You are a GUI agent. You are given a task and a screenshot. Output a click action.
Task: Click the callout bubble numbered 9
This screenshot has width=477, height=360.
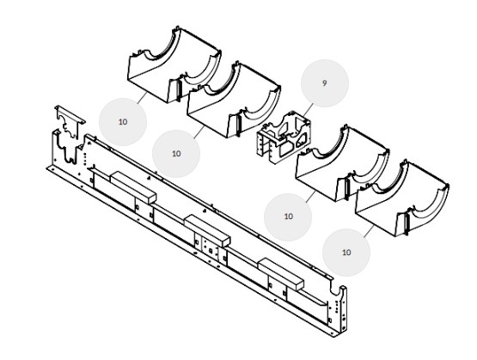(x=325, y=83)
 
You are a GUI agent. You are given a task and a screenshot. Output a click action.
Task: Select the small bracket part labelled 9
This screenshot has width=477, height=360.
(x=284, y=137)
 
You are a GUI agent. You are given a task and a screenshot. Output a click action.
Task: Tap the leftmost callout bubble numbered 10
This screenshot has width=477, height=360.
(x=123, y=122)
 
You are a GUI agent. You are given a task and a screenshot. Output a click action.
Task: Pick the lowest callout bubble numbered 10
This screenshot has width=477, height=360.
(x=346, y=253)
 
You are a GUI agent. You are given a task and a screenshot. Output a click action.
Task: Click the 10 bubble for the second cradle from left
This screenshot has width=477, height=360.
(x=176, y=154)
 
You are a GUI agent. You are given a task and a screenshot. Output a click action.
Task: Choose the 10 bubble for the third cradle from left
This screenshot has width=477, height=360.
(x=288, y=217)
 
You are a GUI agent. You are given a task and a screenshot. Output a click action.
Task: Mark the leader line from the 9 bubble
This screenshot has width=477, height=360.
(x=308, y=109)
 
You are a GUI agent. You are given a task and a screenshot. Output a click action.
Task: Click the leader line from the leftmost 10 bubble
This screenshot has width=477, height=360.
(x=142, y=98)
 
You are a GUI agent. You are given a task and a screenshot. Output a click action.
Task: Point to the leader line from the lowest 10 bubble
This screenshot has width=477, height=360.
(x=369, y=231)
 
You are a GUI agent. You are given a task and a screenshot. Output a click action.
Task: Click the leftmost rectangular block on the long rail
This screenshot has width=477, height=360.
(x=133, y=187)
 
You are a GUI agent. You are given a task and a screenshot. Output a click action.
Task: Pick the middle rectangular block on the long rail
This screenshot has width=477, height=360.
(x=207, y=231)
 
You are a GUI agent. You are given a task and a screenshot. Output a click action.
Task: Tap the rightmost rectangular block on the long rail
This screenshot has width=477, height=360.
(x=281, y=274)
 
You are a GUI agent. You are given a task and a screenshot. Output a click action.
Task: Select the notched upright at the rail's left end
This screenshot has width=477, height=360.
(x=65, y=149)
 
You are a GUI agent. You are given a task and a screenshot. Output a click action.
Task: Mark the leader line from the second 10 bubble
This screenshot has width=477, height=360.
(x=199, y=132)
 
